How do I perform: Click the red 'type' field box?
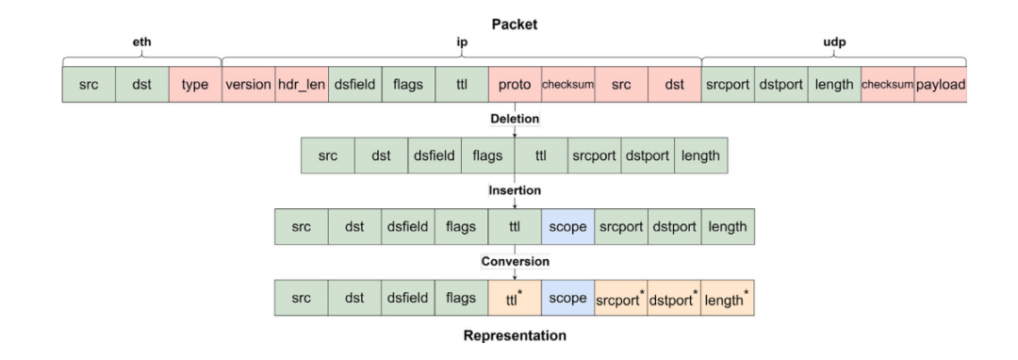click(195, 84)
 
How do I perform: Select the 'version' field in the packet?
click(249, 84)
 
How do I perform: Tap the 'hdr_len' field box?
click(302, 84)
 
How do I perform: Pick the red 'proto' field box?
click(515, 84)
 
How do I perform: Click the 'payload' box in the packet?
click(941, 84)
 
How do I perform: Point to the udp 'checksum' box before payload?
click(888, 84)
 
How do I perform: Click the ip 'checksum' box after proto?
click(568, 84)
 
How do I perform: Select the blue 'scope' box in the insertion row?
click(568, 227)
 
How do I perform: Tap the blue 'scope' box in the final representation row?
click(568, 299)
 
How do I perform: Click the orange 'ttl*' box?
click(515, 299)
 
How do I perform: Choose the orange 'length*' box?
click(728, 299)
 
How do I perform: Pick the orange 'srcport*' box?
click(621, 299)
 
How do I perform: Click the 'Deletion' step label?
click(515, 120)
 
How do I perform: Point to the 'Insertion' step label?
click(515, 190)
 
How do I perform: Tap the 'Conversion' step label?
click(515, 261)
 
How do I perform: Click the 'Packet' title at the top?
click(515, 25)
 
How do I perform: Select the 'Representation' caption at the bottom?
click(515, 336)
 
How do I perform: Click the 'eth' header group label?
click(142, 42)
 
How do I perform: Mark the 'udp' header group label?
click(834, 42)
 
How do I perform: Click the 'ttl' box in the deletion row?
click(541, 155)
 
